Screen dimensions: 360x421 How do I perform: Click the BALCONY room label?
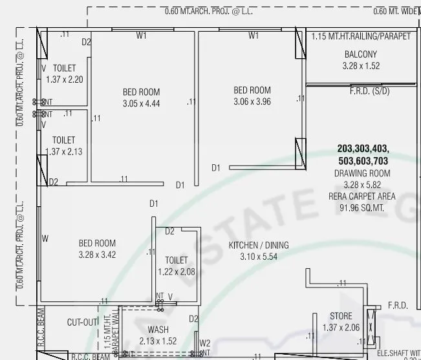coord(361,54)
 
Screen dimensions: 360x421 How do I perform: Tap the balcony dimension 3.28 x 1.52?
coord(361,66)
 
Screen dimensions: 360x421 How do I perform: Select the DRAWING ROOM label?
coord(362,173)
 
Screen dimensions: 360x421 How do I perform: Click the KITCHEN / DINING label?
coord(259,246)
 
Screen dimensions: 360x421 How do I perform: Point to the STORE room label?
coord(341,316)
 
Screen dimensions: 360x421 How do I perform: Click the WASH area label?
coord(158,330)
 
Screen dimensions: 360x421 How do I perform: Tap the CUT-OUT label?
coord(82,322)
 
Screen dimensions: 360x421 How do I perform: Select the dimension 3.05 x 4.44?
coord(141,103)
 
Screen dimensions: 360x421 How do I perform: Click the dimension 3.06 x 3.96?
coord(252,101)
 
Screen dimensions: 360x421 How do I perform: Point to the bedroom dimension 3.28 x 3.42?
coord(97,255)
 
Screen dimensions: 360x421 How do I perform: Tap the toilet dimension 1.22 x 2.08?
coord(176,271)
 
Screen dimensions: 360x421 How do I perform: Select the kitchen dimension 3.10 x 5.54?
coord(259,257)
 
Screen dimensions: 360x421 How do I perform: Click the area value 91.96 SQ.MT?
coord(362,208)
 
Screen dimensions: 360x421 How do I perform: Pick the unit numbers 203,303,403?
coord(363,149)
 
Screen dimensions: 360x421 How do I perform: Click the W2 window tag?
coord(205,343)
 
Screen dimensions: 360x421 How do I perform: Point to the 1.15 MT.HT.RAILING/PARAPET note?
coord(361,36)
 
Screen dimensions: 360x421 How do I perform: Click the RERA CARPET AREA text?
coord(362,196)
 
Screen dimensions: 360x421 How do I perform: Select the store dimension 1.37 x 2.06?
coord(341,328)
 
